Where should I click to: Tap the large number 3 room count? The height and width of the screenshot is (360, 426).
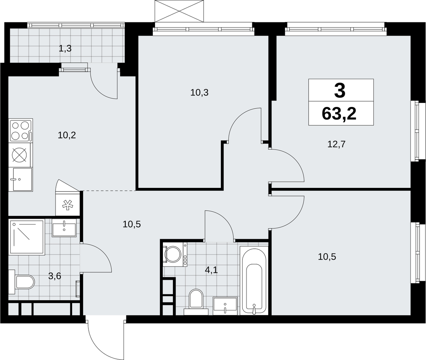340,90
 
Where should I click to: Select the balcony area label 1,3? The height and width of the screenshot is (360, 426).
65,49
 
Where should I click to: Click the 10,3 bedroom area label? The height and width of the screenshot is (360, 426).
199,93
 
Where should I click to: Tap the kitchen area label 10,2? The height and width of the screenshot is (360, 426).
67,135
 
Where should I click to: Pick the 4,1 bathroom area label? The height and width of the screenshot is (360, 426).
212,270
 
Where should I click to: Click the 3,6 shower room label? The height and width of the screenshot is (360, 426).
55,276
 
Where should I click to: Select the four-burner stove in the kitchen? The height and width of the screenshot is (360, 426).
21,130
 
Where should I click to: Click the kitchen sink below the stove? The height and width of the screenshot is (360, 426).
21,179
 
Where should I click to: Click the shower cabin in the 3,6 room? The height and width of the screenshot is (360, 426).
27,238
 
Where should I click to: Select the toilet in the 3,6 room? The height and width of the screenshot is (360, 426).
22,282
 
